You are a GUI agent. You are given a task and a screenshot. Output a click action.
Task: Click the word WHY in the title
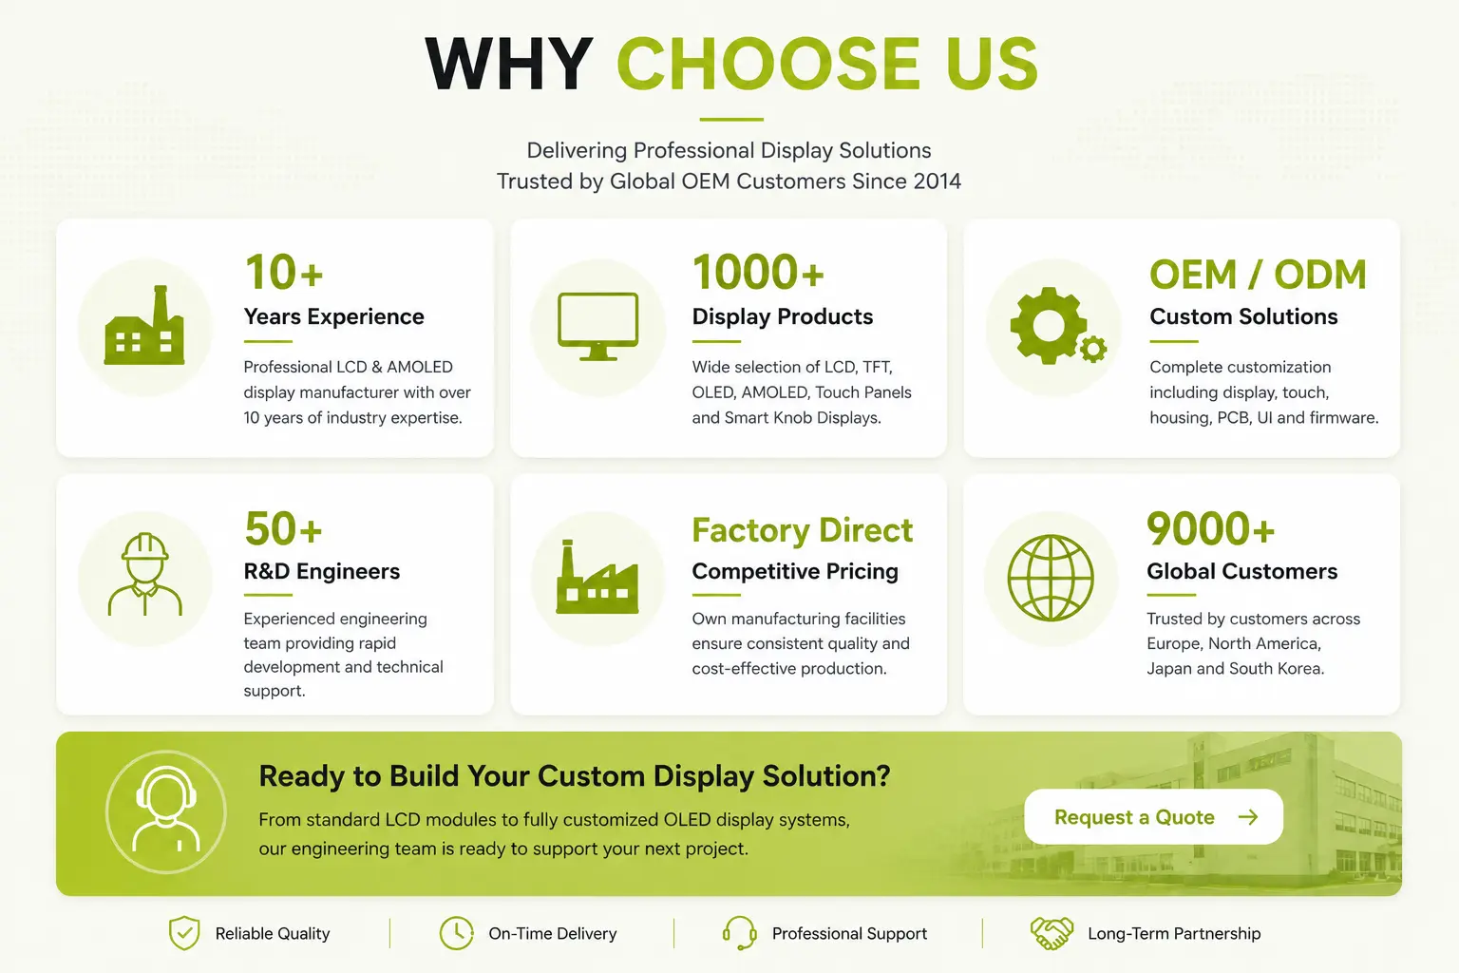[509, 64]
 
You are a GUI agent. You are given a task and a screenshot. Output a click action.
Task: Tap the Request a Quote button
[1153, 816]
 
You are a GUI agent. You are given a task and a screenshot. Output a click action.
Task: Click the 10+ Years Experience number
[284, 273]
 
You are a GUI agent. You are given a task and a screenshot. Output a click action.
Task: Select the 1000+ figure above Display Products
[758, 273]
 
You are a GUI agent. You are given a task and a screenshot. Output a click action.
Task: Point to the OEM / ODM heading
[1258, 275]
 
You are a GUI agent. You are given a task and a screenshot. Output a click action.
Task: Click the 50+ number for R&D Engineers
[283, 528]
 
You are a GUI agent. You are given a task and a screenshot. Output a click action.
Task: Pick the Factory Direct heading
[803, 530]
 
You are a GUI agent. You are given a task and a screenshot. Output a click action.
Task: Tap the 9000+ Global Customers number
[1210, 528]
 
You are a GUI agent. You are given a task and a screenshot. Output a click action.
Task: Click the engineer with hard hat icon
[144, 574]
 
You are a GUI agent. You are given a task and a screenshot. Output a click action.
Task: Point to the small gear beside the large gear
[1093, 349]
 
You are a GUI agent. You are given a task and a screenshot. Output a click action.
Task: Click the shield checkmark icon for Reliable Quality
[184, 932]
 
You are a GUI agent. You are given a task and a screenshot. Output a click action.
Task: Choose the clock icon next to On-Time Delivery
[456, 932]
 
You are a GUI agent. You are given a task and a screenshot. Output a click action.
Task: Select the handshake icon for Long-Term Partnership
[1052, 932]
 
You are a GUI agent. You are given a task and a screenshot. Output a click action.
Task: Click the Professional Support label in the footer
[849, 934]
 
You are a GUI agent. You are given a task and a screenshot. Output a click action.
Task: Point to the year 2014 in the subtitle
[937, 181]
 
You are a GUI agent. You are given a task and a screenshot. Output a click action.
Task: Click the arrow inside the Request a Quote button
[1248, 817]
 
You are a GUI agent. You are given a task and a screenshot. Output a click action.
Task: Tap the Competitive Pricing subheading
[795, 572]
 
